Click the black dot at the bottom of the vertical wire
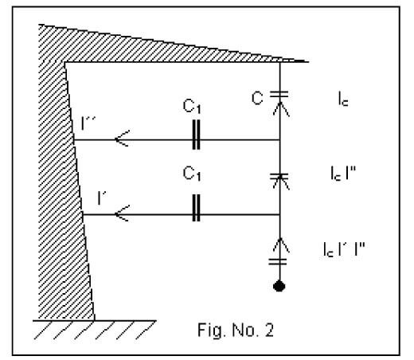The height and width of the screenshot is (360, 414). tap(279, 286)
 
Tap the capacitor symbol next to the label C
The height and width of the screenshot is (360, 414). tap(279, 94)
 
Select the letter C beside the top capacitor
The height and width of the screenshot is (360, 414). tap(257, 98)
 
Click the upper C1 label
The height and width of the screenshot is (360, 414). tap(192, 107)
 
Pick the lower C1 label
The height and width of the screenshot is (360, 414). tap(192, 174)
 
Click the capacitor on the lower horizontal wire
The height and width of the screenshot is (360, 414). tap(196, 208)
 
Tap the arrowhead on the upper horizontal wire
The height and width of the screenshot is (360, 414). tap(122, 139)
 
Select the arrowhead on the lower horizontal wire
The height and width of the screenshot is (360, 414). tap(122, 213)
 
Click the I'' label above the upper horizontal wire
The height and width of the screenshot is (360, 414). tap(88, 123)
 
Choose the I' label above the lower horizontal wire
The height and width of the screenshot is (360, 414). tap(102, 198)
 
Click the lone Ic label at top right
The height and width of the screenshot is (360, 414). tap(343, 100)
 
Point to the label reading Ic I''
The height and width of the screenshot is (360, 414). tap(343, 173)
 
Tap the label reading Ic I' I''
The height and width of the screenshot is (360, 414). tap(344, 249)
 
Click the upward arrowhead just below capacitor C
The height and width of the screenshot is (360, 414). tap(281, 109)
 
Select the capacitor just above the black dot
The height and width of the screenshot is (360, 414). tap(278, 261)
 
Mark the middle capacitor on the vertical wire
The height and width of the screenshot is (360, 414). tap(279, 176)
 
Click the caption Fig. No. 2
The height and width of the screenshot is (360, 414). tap(236, 331)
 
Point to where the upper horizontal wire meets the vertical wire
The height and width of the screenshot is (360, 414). tap(279, 139)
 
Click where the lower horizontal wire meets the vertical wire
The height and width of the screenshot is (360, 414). tap(279, 214)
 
